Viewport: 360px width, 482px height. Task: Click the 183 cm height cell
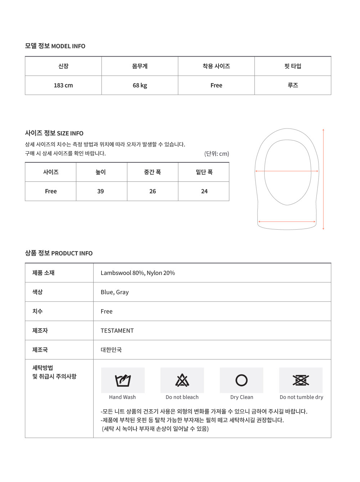click(x=63, y=85)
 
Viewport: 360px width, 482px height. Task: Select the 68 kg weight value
click(x=140, y=85)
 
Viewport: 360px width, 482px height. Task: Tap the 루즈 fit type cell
click(x=293, y=85)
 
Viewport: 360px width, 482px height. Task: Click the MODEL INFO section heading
click(x=55, y=46)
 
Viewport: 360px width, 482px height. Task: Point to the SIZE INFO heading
click(x=54, y=133)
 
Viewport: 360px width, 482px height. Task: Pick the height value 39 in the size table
click(x=100, y=191)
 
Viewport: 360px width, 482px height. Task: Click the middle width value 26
click(x=153, y=191)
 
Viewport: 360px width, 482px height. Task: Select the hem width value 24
click(x=204, y=191)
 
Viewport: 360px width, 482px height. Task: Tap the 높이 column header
click(x=100, y=172)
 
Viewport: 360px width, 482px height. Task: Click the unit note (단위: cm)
click(x=216, y=154)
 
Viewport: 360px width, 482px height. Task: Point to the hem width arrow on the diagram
click(x=287, y=222)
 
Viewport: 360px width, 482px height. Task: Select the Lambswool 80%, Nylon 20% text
click(x=138, y=273)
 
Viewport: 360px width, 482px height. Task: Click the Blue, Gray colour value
click(x=114, y=292)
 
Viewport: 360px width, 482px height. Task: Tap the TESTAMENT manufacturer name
click(x=117, y=330)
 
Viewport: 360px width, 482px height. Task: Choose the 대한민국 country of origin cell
click(x=111, y=350)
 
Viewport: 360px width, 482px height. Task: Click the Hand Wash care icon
click(x=123, y=380)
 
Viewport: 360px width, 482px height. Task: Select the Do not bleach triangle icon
click(x=182, y=380)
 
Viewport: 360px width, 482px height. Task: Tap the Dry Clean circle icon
click(x=242, y=380)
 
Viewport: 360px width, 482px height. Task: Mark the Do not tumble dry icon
click(x=301, y=380)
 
